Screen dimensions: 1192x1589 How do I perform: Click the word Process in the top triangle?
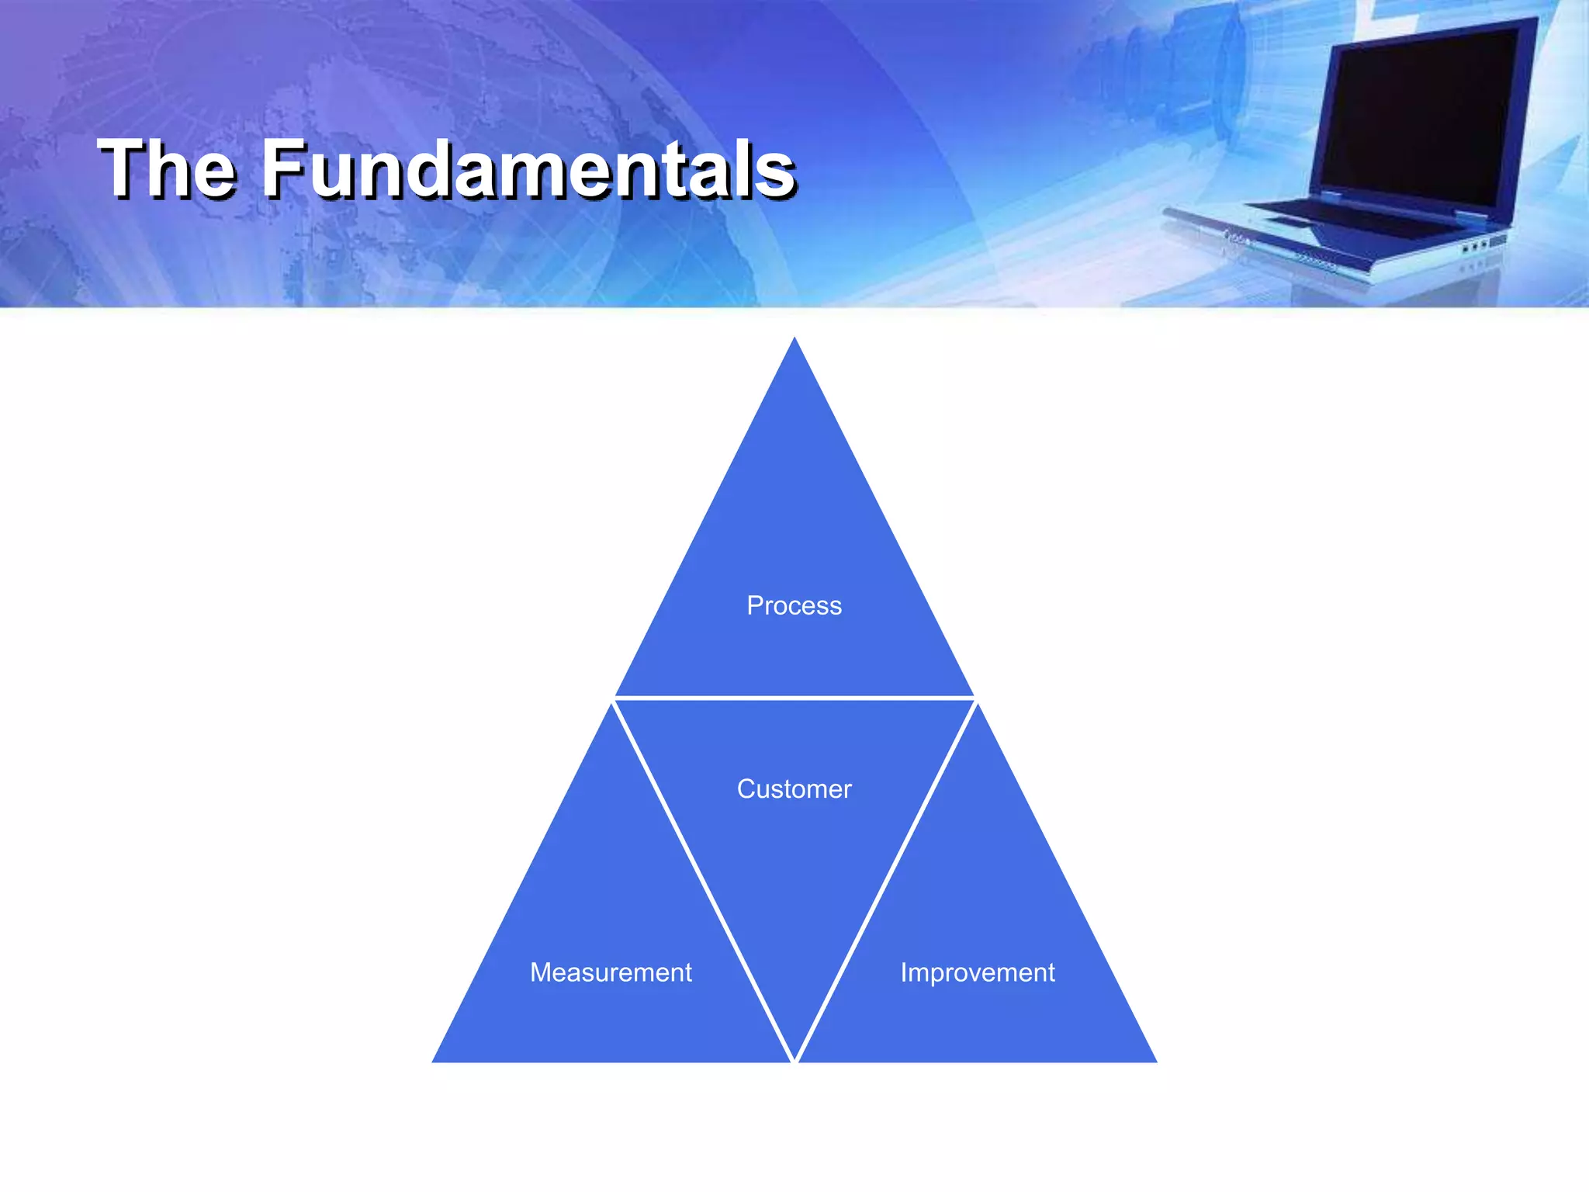[x=794, y=605]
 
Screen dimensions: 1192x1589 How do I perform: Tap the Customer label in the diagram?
[x=794, y=789]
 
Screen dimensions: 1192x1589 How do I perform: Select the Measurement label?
[x=611, y=972]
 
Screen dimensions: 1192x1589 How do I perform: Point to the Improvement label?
[x=978, y=972]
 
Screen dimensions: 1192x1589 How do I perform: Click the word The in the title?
[x=167, y=168]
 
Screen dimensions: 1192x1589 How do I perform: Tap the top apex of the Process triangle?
[x=794, y=341]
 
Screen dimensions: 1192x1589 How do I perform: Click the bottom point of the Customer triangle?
[x=794, y=1057]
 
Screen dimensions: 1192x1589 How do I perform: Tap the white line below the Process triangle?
[x=794, y=698]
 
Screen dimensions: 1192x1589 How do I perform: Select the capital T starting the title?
[x=124, y=168]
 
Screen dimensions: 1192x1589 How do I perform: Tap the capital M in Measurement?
[x=541, y=972]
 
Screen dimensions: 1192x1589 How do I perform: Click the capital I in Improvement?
[x=904, y=972]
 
